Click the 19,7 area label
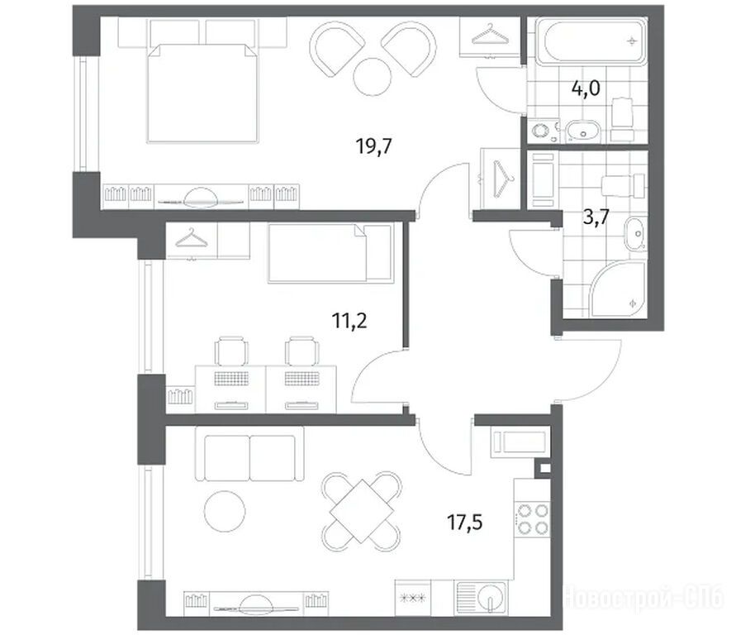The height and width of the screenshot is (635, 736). [x=373, y=146]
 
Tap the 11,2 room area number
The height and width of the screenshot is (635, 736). [x=349, y=321]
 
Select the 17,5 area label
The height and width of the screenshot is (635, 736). [x=465, y=522]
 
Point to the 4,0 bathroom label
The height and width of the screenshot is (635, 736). [x=586, y=88]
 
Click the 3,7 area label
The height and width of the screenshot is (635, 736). [x=596, y=217]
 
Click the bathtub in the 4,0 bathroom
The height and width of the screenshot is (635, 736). [x=591, y=41]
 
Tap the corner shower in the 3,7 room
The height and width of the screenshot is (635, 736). [x=619, y=289]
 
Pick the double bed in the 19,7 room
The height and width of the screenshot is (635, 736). [x=202, y=92]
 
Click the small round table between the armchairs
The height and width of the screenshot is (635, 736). [x=372, y=77]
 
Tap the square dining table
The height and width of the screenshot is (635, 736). [x=362, y=511]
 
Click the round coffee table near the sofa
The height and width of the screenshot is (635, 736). [x=225, y=511]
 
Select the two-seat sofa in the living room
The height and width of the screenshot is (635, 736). [x=249, y=457]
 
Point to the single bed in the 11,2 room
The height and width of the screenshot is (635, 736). [x=330, y=253]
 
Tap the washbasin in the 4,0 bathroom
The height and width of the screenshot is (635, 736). [x=583, y=132]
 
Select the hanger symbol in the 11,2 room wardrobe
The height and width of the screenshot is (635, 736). [x=191, y=238]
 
